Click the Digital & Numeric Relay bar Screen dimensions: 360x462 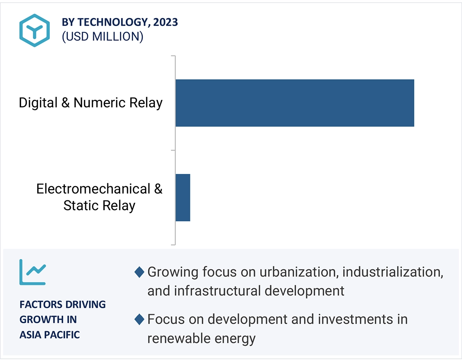click(295, 103)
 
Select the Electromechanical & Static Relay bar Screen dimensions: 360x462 click(183, 198)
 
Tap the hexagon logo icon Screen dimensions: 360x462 click(34, 30)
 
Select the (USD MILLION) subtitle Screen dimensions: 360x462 click(102, 37)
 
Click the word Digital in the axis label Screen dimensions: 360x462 click(38, 103)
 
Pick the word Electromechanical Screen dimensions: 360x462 click(93, 189)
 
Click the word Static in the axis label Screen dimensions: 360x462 click(81, 206)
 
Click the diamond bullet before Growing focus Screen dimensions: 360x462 click(139, 272)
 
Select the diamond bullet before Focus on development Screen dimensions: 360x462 click(139, 319)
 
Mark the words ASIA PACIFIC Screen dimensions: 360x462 click(50, 335)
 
